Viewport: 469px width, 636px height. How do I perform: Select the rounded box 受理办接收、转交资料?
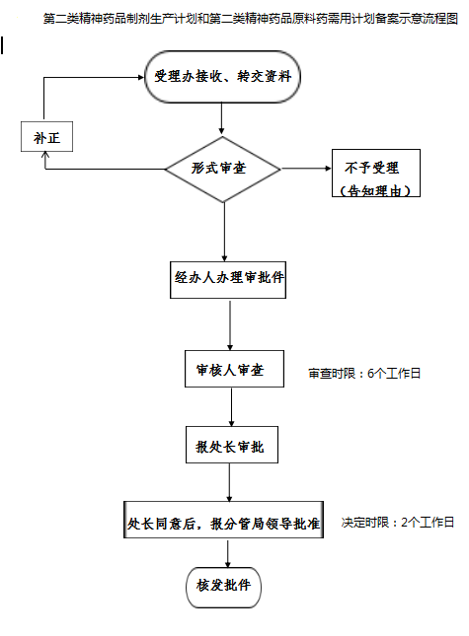222,76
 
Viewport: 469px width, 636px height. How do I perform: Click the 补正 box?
46,137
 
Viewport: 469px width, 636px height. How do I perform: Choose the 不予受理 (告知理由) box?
376,175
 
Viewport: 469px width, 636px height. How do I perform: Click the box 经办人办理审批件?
229,278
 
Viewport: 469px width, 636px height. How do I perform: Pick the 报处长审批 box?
230,446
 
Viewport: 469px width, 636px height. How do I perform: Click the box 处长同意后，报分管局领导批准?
224,524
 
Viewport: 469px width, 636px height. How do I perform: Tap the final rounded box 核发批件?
223,585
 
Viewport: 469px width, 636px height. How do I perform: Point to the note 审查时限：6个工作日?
365,374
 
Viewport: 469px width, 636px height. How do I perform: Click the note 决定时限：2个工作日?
398,522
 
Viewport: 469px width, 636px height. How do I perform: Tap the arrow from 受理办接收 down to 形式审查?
222,118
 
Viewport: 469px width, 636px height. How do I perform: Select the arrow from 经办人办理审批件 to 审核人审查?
230,324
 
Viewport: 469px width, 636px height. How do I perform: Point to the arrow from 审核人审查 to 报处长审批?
231,406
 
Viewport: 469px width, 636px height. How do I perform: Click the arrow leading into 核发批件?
226,554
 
